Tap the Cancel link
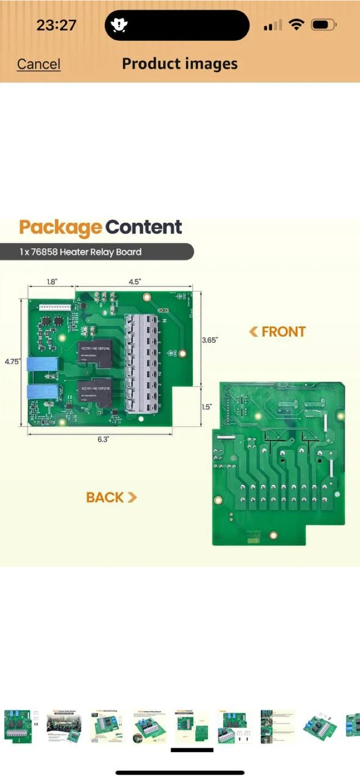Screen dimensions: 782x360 pos(39,64)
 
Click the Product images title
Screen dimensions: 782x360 pos(180,64)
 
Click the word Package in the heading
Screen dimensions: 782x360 pos(60,227)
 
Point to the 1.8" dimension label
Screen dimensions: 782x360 pos(51,282)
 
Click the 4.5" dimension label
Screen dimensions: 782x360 pos(134,282)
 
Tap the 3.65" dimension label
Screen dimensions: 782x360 pos(210,340)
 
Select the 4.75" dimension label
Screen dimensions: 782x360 pos(12,361)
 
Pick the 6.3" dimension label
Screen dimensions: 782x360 pos(103,439)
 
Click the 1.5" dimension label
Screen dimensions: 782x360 pos(207,407)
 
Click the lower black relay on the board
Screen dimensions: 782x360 pos(96,392)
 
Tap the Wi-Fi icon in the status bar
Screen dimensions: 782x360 pos(296,25)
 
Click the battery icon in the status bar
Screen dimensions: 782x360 pos(323,25)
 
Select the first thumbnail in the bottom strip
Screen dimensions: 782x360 pos(18,727)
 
